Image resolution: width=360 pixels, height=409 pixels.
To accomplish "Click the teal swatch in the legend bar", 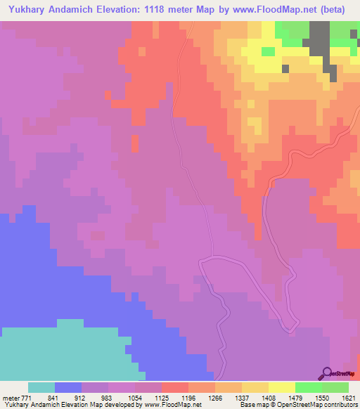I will tap(41, 387).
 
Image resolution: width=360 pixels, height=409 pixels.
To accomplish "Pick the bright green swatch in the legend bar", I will tap(309, 387).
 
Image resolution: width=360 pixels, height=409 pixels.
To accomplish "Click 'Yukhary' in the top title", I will tap(27, 9).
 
